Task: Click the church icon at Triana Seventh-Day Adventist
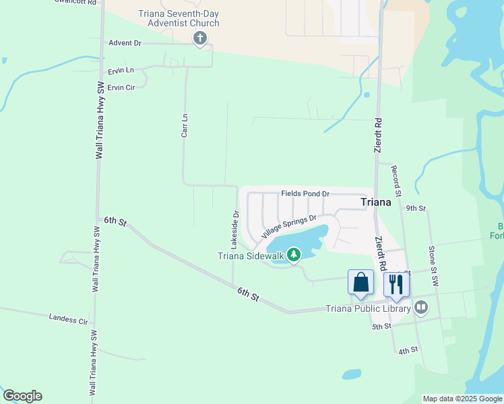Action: click(199, 38)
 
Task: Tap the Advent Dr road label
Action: click(125, 42)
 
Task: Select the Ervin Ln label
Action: click(121, 71)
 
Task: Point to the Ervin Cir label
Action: click(121, 88)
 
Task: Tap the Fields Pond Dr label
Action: click(305, 194)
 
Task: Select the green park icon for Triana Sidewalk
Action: click(293, 255)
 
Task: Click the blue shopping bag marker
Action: click(360, 282)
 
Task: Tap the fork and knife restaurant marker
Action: click(396, 284)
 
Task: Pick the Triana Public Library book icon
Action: click(421, 308)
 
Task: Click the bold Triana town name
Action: click(375, 202)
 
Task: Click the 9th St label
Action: click(416, 209)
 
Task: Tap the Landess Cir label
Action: click(69, 318)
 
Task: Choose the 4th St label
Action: click(408, 351)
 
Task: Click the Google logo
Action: click(22, 396)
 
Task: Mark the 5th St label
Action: click(381, 327)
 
